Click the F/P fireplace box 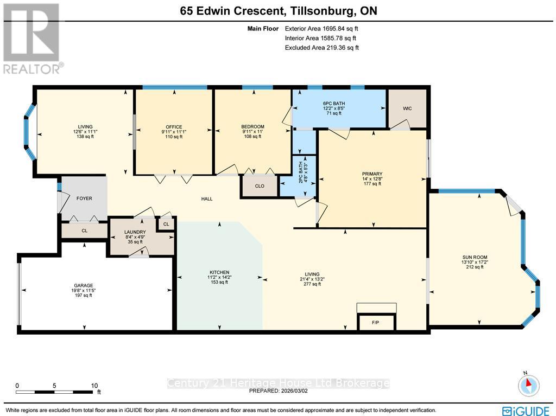click(375, 322)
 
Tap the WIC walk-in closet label click(407, 108)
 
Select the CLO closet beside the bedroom click(260, 186)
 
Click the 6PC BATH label click(333, 104)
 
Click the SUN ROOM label click(475, 257)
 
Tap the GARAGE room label click(84, 286)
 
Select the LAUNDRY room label click(135, 232)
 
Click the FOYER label click(84, 199)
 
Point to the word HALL click(207, 199)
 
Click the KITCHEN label click(219, 272)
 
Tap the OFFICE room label click(174, 127)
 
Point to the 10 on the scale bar click(94, 385)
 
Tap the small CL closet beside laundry click(166, 223)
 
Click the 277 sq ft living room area click(312, 284)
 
